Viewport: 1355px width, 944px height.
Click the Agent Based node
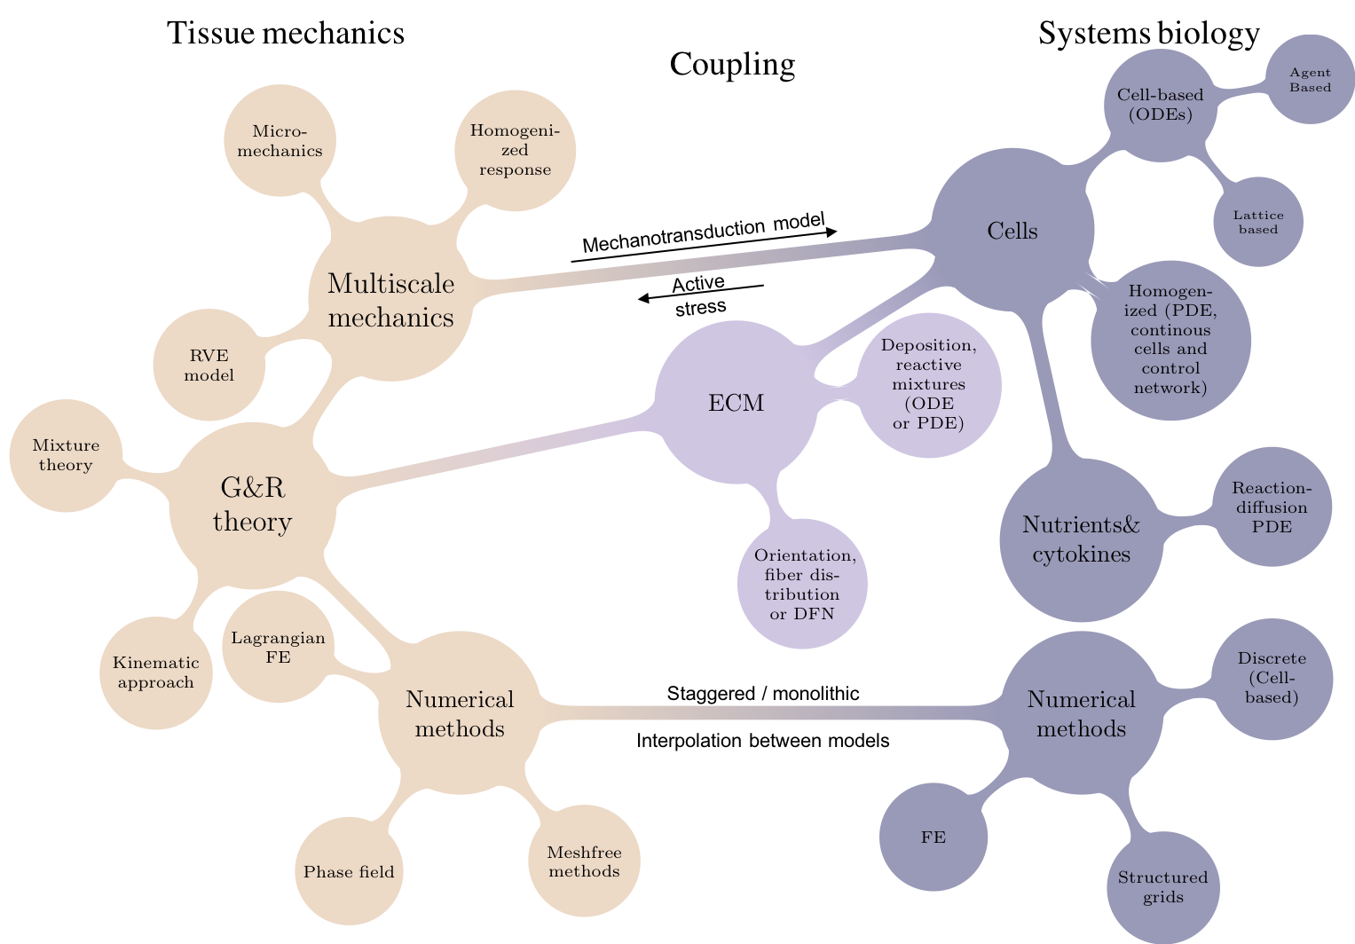pyautogui.click(x=1311, y=80)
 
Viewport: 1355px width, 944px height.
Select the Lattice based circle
pyautogui.click(x=1258, y=222)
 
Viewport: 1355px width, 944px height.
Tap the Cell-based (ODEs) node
pyautogui.click(x=1160, y=105)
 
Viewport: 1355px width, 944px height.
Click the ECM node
pyautogui.click(x=737, y=403)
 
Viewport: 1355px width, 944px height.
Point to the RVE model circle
pyautogui.click(x=209, y=365)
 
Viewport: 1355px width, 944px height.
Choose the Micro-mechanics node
pyautogui.click(x=280, y=140)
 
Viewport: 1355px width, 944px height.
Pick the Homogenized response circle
pyautogui.click(x=515, y=150)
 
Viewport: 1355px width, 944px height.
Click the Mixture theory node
pyautogui.click(x=66, y=455)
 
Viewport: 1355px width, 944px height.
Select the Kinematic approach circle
pyautogui.click(x=155, y=673)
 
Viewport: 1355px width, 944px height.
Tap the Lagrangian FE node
pyautogui.click(x=278, y=648)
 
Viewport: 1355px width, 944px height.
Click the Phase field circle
pyautogui.click(x=349, y=870)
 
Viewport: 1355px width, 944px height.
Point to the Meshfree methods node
pyautogui.click(x=584, y=861)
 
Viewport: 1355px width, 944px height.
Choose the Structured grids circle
pyautogui.click(x=1162, y=887)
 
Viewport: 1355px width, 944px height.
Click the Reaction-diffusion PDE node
pyautogui.click(x=1271, y=507)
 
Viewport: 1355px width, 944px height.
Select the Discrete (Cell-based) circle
pyautogui.click(x=1272, y=678)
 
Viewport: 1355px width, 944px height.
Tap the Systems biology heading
pyautogui.click(x=1148, y=34)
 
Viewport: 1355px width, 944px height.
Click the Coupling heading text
pyautogui.click(x=732, y=64)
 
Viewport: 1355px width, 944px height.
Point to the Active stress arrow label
pyautogui.click(x=700, y=295)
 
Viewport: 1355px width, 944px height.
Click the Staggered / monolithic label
pyautogui.click(x=763, y=693)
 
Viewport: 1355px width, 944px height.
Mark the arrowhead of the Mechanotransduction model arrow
pyautogui.click(x=831, y=232)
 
